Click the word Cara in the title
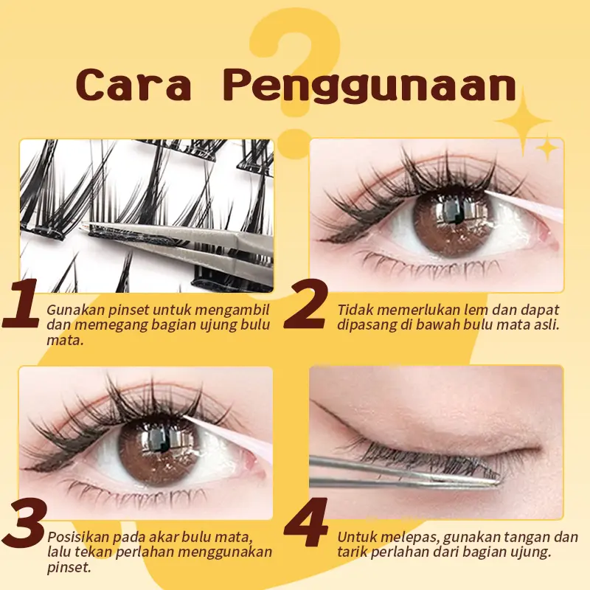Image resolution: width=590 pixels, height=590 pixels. coord(133,85)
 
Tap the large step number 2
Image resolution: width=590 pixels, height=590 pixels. coord(305,304)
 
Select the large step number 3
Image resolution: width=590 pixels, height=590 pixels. coord(24,524)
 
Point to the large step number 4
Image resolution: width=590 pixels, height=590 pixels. coord(305,523)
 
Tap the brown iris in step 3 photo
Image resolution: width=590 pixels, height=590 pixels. coord(156,451)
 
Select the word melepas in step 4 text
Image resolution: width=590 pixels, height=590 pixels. coord(412,538)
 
